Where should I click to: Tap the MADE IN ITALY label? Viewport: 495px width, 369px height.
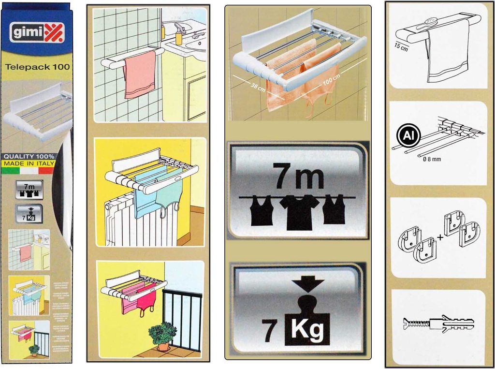(29, 163)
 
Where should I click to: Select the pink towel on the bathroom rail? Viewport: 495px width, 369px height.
(140, 74)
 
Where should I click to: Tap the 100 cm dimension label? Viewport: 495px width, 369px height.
(332, 79)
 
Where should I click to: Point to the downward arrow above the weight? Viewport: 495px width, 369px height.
(301, 283)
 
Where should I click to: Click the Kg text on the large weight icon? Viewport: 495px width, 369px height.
(310, 332)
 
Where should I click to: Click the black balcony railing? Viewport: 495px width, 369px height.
(182, 319)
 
